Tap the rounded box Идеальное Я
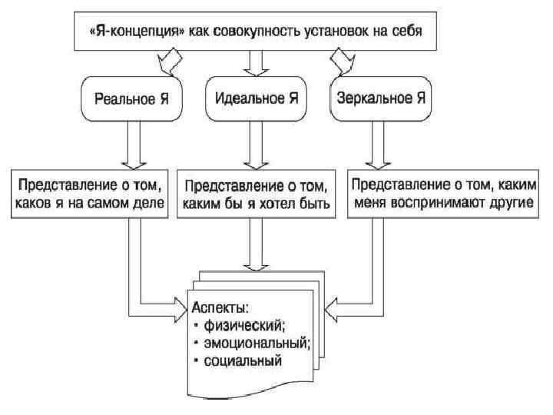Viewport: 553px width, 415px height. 257,98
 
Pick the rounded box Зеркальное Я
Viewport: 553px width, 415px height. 382,98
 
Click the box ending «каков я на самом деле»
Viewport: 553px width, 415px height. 89,196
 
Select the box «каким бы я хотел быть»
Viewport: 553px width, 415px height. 257,196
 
